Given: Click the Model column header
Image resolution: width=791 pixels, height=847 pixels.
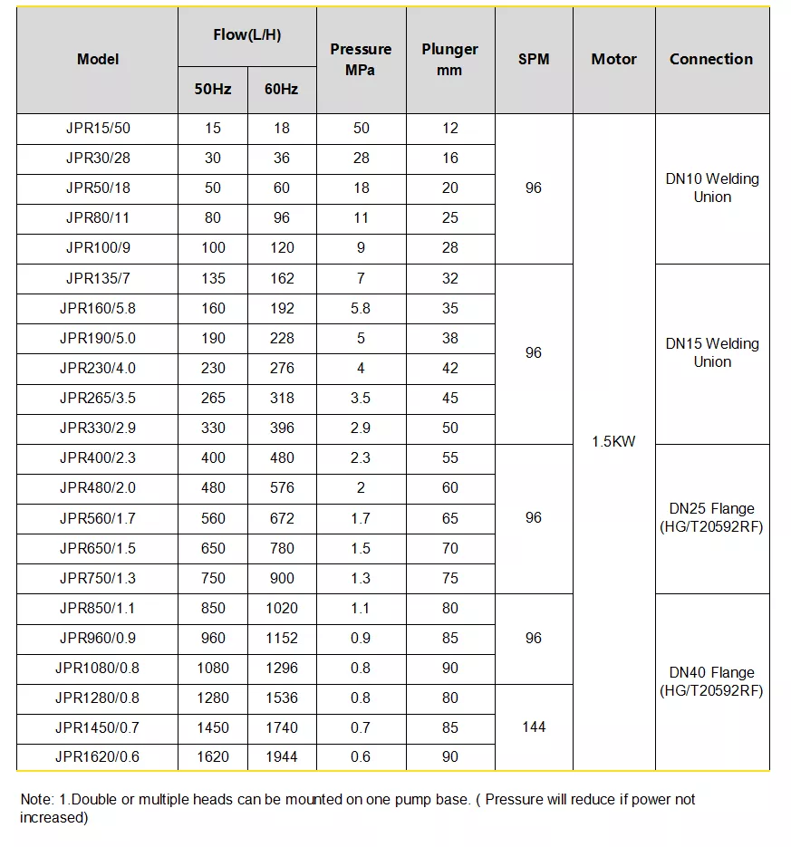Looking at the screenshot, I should tap(98, 60).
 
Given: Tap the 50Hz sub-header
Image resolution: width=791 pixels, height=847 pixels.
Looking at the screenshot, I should tap(213, 90).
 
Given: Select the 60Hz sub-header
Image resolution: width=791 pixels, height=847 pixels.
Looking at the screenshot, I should tap(282, 90).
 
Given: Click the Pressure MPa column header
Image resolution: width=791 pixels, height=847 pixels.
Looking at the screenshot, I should tap(361, 59).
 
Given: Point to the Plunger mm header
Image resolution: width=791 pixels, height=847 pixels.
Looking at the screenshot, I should tap(450, 59).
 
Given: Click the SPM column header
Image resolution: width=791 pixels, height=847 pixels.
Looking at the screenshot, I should tap(534, 60).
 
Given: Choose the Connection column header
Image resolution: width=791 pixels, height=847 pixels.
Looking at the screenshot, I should tap(711, 60).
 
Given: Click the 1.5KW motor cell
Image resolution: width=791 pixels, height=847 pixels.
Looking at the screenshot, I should tap(613, 442).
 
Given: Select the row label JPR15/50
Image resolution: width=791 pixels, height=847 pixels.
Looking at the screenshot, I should tap(98, 129).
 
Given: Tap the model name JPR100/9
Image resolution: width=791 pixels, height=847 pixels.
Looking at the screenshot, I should tap(98, 248).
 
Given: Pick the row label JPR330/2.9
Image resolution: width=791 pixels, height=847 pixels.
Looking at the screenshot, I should tap(98, 428).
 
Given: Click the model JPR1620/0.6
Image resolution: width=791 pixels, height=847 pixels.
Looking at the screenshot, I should tap(98, 756).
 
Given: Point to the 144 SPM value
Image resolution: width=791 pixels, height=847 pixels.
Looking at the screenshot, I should tap(534, 727).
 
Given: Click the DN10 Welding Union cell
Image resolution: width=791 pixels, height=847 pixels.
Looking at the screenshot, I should tap(712, 188).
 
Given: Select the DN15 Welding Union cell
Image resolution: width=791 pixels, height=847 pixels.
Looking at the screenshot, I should tap(712, 352).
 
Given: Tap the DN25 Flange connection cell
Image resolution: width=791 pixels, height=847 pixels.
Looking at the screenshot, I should tap(712, 517).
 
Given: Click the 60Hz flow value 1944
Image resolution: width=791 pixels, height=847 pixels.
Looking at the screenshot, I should tap(282, 756).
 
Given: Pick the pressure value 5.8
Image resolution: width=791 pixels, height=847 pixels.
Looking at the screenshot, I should tap(361, 308).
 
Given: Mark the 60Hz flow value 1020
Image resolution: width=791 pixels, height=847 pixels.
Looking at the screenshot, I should tap(282, 608).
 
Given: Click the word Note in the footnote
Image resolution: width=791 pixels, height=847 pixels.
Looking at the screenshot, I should tap(36, 800).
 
